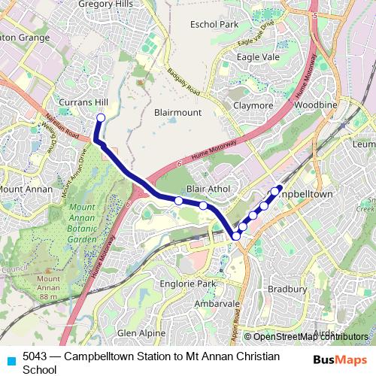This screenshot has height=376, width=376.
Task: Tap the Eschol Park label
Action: [x=214, y=25]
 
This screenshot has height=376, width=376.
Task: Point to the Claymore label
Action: [x=253, y=105]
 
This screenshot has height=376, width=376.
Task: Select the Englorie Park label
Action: [x=188, y=284]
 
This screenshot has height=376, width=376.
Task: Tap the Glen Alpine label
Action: [x=141, y=332]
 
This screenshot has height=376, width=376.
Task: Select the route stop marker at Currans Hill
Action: [x=101, y=117]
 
